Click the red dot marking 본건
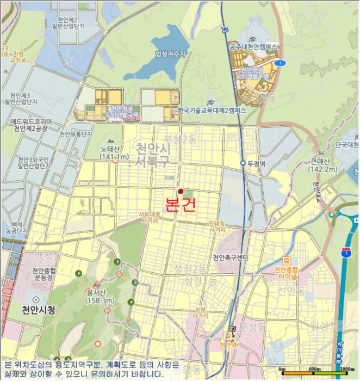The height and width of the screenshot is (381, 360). (x=181, y=191)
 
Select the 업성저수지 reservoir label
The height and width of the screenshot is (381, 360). (x=170, y=54)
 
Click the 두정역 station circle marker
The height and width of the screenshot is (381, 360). (x=243, y=163)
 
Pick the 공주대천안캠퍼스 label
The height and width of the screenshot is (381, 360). (x=254, y=47)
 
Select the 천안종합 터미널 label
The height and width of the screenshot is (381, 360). (x=287, y=273)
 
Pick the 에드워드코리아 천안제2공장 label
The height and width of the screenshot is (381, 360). (x=30, y=125)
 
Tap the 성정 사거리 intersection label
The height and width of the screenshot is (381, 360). (x=201, y=311)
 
